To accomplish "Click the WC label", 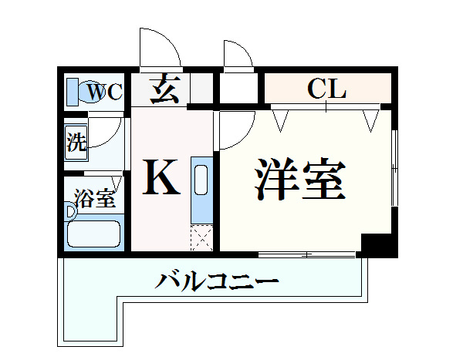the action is pos(105,92).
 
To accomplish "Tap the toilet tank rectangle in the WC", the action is pos(73,92).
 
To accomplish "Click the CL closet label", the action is pos(326,88).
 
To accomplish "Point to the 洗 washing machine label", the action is pos(76,142).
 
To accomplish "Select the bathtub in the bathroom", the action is pos(94,234).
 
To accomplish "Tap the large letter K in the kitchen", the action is pos(161,177).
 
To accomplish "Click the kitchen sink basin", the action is pos(201,180).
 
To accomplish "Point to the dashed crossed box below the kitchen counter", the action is pos(201,238).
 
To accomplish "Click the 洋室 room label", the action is pos(300,179).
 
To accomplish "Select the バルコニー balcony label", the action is pos(217,281).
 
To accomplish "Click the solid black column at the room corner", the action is pos(377,245).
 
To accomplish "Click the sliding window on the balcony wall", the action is pos(307,254).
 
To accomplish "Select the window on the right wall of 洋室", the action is pos(394,168).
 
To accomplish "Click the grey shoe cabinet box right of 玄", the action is pos(201,88).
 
